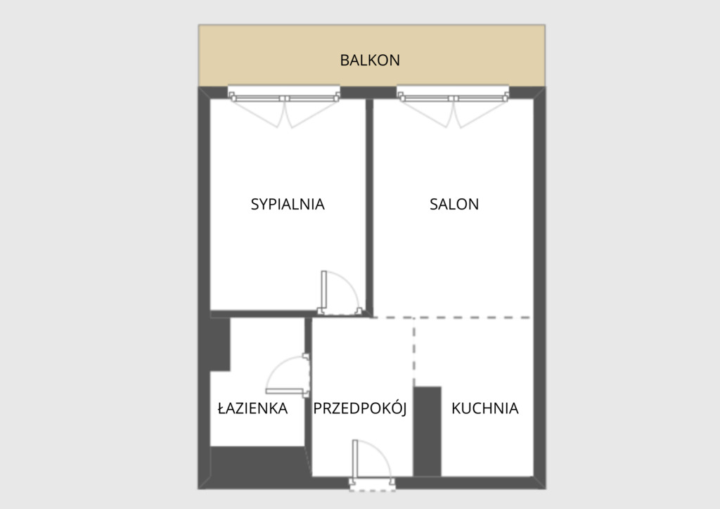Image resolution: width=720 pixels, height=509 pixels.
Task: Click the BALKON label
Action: point(370,60)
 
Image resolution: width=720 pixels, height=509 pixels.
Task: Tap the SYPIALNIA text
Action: point(288,204)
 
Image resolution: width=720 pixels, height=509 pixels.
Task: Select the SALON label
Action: point(454,204)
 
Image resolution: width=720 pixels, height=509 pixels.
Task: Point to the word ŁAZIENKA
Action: point(252,408)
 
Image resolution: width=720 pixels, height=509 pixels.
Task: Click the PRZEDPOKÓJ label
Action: point(360,407)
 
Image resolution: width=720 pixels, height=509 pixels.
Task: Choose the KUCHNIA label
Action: point(485,408)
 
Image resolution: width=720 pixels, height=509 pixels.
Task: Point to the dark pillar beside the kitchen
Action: point(427,432)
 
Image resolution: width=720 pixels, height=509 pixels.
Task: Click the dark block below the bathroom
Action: point(260,467)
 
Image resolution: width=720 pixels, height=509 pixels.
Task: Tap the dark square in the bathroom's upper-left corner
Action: point(220,344)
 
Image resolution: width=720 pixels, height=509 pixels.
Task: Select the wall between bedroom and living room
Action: point(369,207)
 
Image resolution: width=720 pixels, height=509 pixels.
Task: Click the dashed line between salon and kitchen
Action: point(452,317)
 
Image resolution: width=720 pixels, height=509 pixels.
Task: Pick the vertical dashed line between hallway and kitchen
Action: point(413,352)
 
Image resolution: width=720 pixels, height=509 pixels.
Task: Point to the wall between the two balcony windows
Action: point(368,92)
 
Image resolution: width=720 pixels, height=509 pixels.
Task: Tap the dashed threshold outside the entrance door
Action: point(373,491)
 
